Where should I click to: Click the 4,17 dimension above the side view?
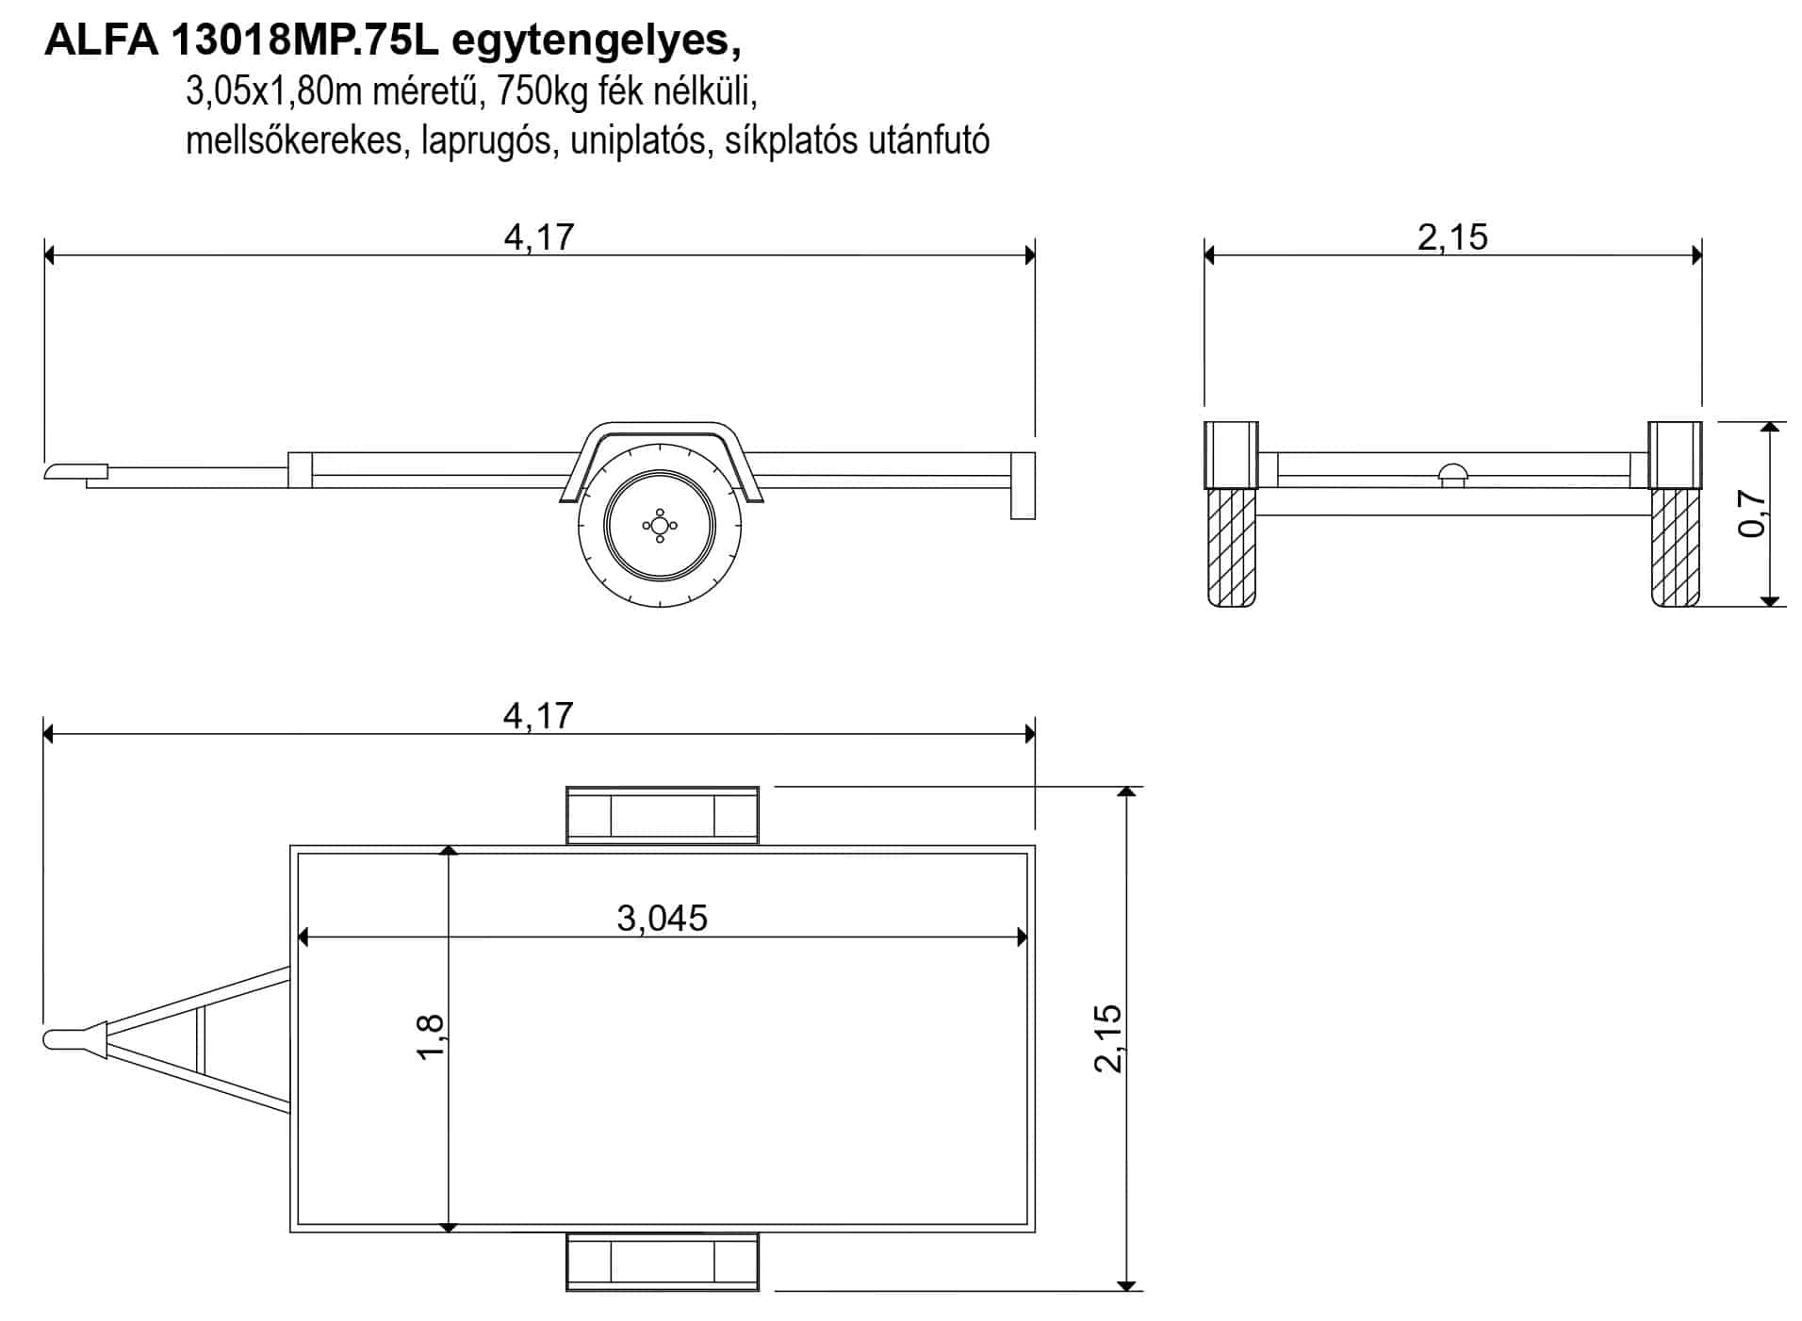coord(539,236)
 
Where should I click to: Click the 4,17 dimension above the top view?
coord(538,715)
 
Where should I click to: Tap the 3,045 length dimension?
coord(662,917)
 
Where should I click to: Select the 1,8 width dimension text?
coord(430,1036)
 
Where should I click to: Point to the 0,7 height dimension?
coord(1751,514)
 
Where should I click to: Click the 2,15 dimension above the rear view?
coord(1452,236)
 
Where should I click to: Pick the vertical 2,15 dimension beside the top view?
coord(1108,1037)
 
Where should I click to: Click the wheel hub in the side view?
coord(660,525)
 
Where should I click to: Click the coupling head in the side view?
coord(76,470)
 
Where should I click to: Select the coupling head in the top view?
coord(75,1038)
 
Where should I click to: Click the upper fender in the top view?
coord(663,815)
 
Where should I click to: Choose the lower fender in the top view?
coord(663,1261)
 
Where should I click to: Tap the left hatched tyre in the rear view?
coord(1231,547)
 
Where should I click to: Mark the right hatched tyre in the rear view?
coord(1675,547)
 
